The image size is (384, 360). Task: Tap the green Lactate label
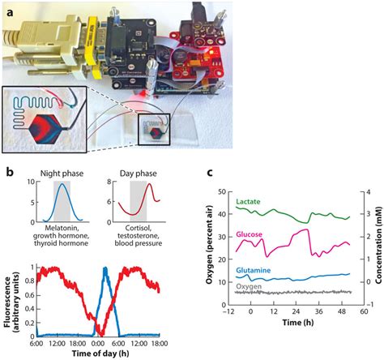click(x=247, y=200)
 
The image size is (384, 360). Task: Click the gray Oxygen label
click(x=249, y=286)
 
